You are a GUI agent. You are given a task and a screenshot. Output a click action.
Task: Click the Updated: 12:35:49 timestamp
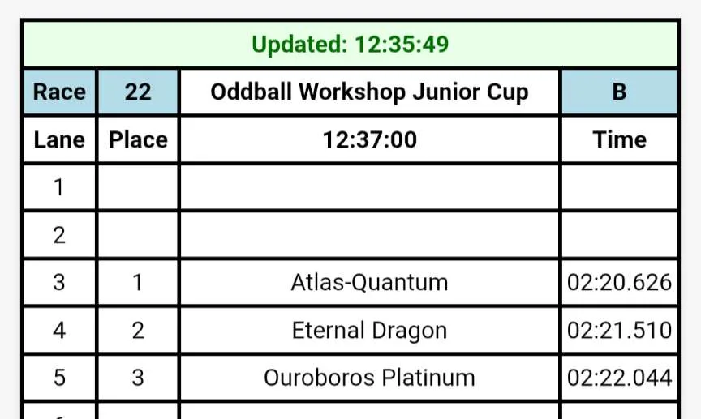(350, 45)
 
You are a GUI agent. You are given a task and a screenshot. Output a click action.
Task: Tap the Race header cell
(59, 92)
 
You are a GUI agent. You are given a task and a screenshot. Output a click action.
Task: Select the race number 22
(138, 92)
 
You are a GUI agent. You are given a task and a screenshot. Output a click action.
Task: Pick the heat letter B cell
(619, 92)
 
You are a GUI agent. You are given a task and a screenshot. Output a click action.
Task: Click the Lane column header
(59, 140)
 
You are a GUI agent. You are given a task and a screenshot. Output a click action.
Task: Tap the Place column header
(138, 140)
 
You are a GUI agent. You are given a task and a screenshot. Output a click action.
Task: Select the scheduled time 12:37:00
(370, 140)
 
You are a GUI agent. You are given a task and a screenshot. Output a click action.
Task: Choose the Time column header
(619, 140)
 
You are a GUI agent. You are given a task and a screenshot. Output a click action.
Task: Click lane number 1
(58, 187)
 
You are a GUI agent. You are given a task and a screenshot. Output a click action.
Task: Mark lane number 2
(59, 235)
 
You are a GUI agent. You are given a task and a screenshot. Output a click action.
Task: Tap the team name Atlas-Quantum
(369, 283)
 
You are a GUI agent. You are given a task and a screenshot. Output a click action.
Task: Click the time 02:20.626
(619, 283)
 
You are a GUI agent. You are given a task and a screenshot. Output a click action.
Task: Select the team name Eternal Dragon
(369, 331)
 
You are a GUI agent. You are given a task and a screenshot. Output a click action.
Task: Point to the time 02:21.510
(619, 331)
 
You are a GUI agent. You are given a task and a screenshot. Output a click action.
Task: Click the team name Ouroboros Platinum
(369, 378)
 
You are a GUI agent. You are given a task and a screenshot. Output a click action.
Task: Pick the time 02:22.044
(619, 378)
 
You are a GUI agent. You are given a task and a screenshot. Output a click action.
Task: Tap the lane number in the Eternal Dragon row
(59, 331)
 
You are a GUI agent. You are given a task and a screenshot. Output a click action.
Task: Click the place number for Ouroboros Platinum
(138, 378)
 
